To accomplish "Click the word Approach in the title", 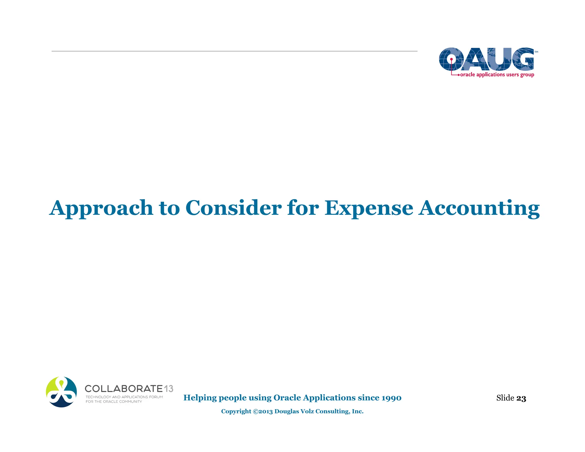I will click(x=101, y=208).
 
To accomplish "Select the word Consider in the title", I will click(x=233, y=208).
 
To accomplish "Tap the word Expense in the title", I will click(x=368, y=208).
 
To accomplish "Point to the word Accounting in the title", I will click(x=479, y=208).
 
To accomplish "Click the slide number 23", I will click(x=521, y=398).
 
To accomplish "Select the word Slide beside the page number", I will click(x=505, y=398).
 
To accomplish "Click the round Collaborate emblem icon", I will click(x=61, y=392).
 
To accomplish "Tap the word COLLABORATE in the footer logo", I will click(x=124, y=389).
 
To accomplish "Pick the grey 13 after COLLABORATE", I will click(x=169, y=389).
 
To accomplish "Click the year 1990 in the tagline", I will click(x=391, y=398).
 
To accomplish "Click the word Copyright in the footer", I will click(x=236, y=411).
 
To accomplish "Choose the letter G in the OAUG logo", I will click(x=522, y=59).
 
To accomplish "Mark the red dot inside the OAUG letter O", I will click(x=451, y=59).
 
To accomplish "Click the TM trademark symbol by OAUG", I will click(x=536, y=52).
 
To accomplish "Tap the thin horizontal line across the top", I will click(x=234, y=51).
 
